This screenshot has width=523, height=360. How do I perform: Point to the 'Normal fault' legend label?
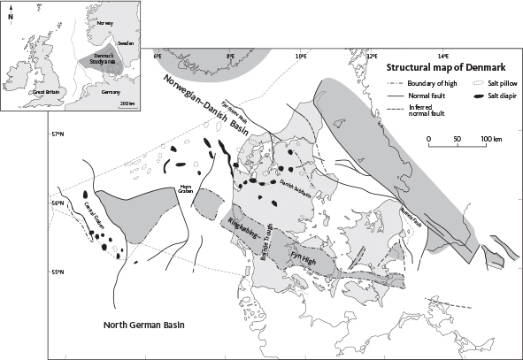[x=423, y=94]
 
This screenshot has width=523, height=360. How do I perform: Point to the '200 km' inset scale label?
[x=127, y=103]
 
